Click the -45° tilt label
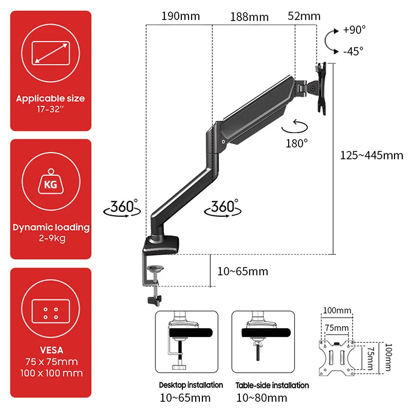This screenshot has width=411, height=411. point(354,50)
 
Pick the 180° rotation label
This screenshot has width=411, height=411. point(296,143)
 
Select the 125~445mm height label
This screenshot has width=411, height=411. point(371,155)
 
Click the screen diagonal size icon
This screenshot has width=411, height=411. point(51,53)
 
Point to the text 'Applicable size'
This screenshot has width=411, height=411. point(50,98)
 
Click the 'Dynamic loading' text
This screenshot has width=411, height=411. point(51,227)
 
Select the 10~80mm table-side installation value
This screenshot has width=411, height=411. point(261,398)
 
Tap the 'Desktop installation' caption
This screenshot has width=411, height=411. point(191,385)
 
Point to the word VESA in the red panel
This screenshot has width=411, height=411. point(51,350)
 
